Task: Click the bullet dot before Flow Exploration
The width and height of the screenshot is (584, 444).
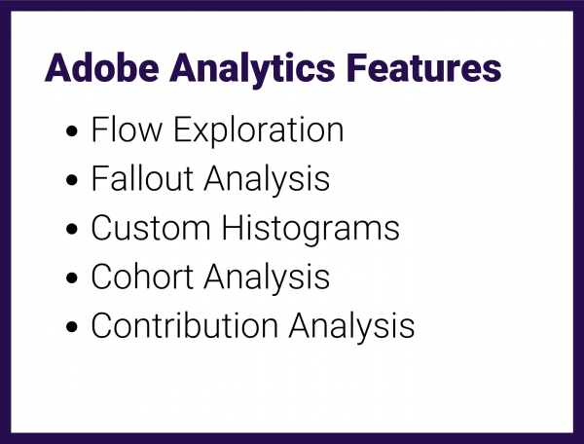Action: [72, 132]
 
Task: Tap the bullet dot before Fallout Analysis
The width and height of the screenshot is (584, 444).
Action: [72, 181]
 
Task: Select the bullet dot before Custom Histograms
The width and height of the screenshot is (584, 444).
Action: [72, 230]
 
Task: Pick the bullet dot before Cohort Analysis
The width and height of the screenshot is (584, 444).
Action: [72, 278]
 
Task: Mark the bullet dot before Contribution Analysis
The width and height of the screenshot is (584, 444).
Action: [72, 327]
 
